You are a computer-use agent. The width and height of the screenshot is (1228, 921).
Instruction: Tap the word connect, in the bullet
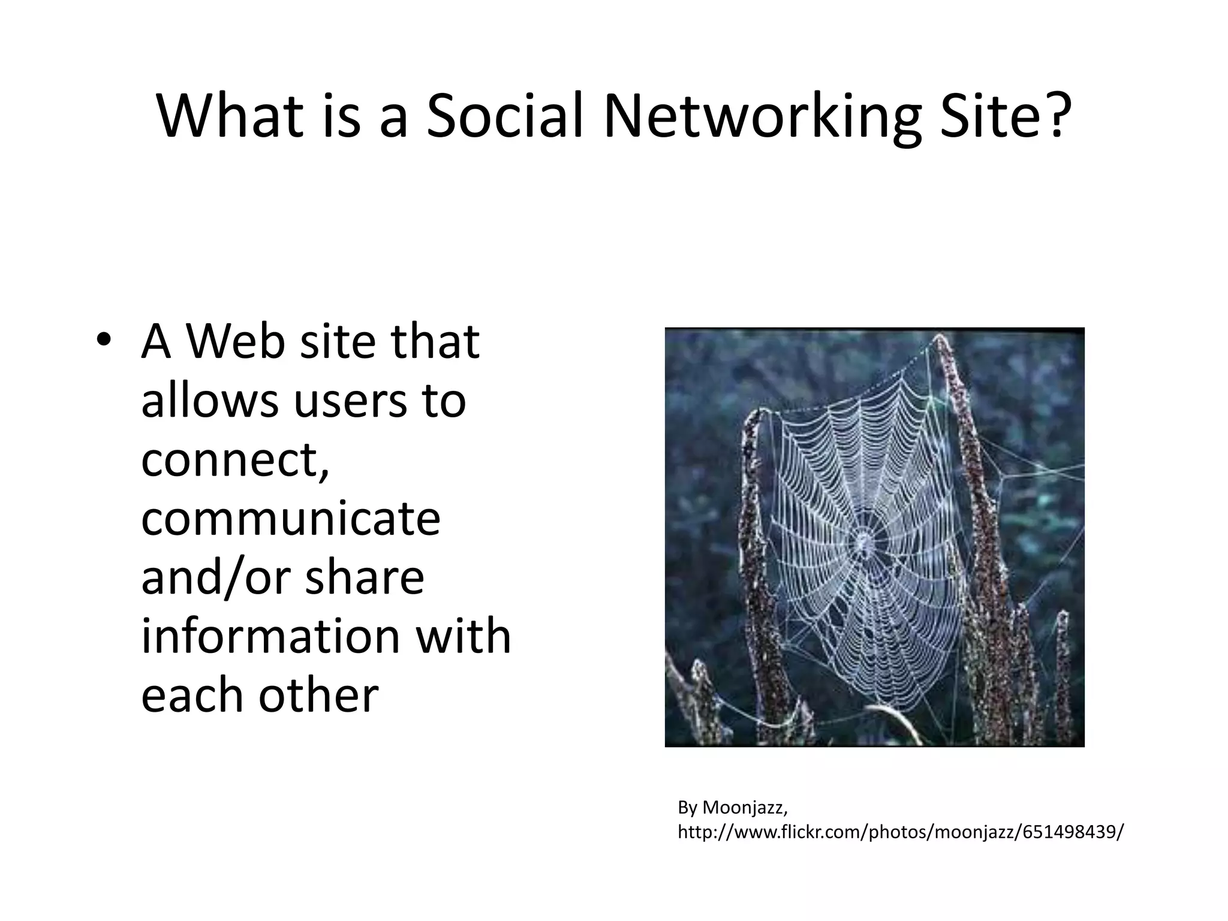click(235, 460)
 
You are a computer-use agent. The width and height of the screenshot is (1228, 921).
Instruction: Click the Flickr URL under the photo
click(901, 832)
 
